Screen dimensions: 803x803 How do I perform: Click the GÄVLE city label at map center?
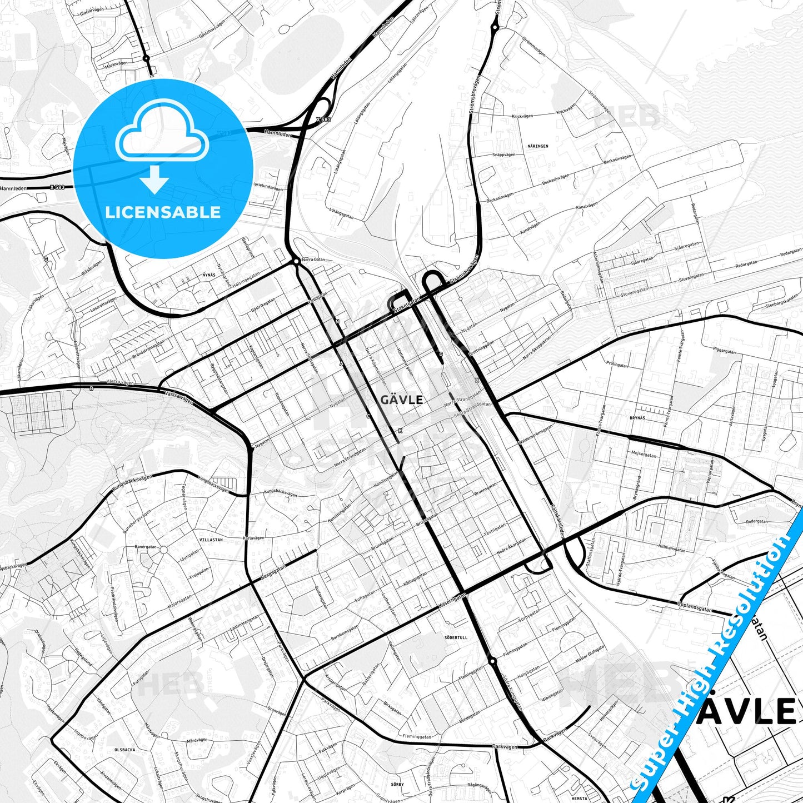click(x=402, y=400)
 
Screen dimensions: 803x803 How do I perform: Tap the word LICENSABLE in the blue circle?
click(x=163, y=212)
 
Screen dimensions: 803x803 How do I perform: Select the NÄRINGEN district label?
click(x=537, y=146)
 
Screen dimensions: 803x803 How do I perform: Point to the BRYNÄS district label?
click(x=638, y=417)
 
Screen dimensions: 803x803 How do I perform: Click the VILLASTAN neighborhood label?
click(x=211, y=540)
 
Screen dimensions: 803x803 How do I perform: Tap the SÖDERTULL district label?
click(x=456, y=637)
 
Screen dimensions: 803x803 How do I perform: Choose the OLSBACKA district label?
click(x=124, y=750)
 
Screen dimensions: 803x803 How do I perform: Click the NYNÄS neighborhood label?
click(x=209, y=275)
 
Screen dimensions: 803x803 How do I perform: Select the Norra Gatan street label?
click(x=313, y=260)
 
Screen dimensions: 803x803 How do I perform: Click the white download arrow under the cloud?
click(x=155, y=181)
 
